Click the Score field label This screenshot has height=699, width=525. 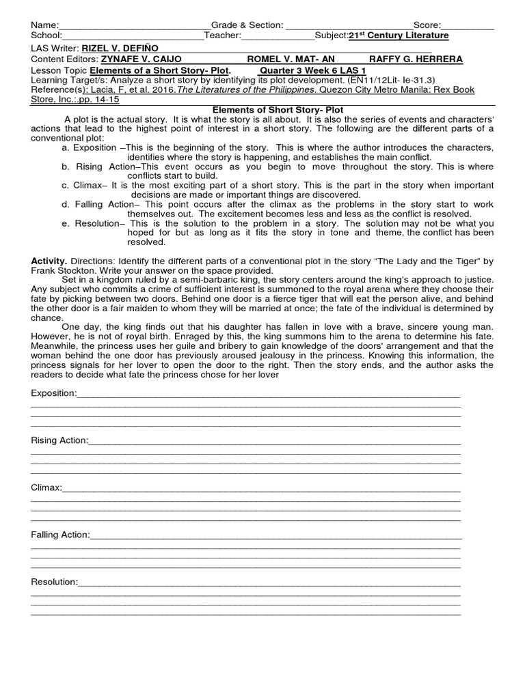(427, 25)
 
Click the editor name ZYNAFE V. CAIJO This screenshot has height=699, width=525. (141, 59)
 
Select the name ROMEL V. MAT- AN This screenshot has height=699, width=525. (291, 59)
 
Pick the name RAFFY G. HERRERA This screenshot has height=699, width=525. (416, 59)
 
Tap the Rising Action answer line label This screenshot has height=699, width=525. (59, 440)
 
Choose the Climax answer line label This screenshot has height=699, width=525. (46, 488)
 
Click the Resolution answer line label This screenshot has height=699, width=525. (55, 582)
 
